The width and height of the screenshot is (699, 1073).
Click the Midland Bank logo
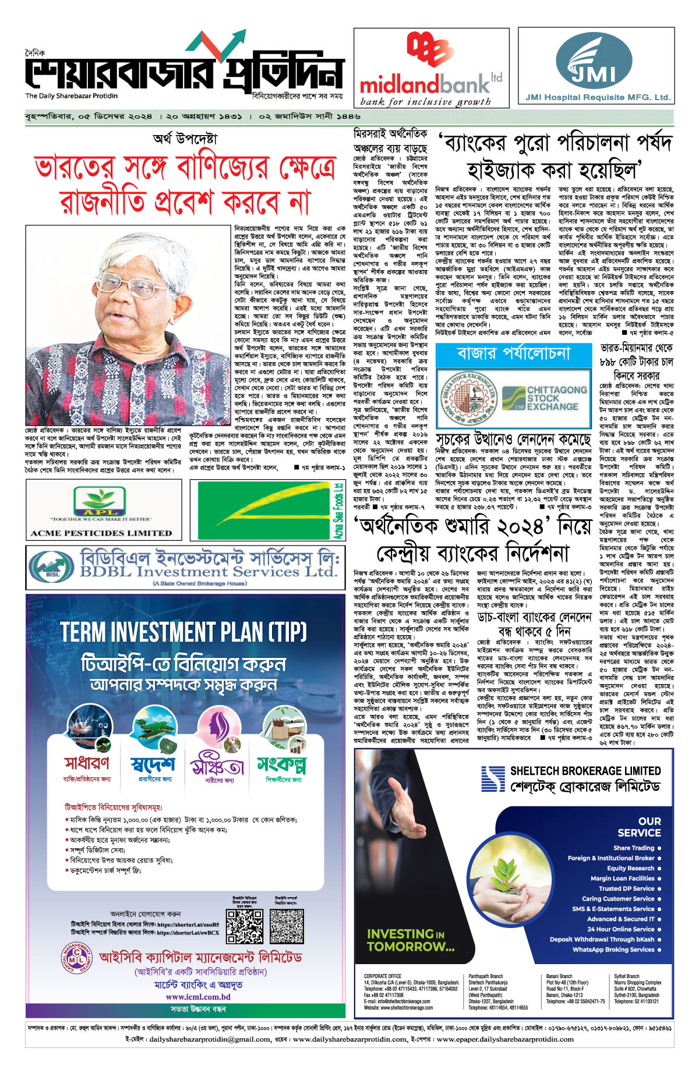click(x=431, y=69)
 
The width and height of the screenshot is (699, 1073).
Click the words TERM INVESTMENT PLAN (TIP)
click(x=183, y=632)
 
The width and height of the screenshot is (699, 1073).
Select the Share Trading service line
click(x=633, y=848)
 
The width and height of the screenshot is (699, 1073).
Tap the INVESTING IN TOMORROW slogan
click(x=410, y=940)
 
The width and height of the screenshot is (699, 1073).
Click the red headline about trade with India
click(x=185, y=185)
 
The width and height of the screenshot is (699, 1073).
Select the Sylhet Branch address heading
click(x=627, y=976)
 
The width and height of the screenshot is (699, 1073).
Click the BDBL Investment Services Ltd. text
click(x=208, y=571)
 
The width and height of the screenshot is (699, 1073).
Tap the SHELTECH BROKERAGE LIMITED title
click(x=585, y=771)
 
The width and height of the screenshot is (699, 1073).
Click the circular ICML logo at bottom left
click(x=76, y=959)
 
